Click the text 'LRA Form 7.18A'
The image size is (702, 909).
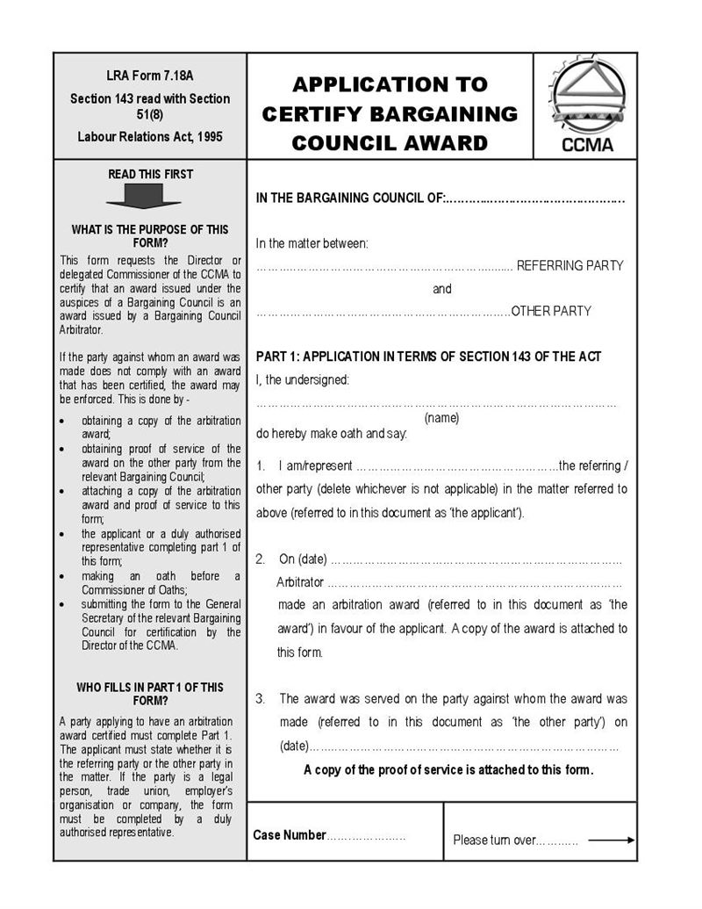pyautogui.click(x=150, y=76)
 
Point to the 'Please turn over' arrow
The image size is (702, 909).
pyautogui.click(x=611, y=840)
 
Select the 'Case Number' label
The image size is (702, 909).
pyautogui.click(x=290, y=835)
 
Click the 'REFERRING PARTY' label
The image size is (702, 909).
pyautogui.click(x=569, y=265)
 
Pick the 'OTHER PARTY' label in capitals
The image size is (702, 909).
pyautogui.click(x=551, y=311)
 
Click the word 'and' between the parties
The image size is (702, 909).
pyautogui.click(x=442, y=289)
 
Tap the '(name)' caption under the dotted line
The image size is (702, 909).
pyautogui.click(x=441, y=418)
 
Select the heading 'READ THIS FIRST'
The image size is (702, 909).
pyautogui.click(x=150, y=174)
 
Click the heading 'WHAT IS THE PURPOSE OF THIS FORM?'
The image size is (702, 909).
pyautogui.click(x=150, y=236)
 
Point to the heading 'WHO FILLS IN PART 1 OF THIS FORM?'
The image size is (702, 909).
pyautogui.click(x=150, y=694)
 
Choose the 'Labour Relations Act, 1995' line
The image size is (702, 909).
pyautogui.click(x=150, y=137)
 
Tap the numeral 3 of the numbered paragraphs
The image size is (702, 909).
pyautogui.click(x=261, y=699)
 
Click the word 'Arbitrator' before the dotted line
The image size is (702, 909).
pyautogui.click(x=300, y=582)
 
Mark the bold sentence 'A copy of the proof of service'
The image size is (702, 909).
pyautogui.click(x=448, y=770)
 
